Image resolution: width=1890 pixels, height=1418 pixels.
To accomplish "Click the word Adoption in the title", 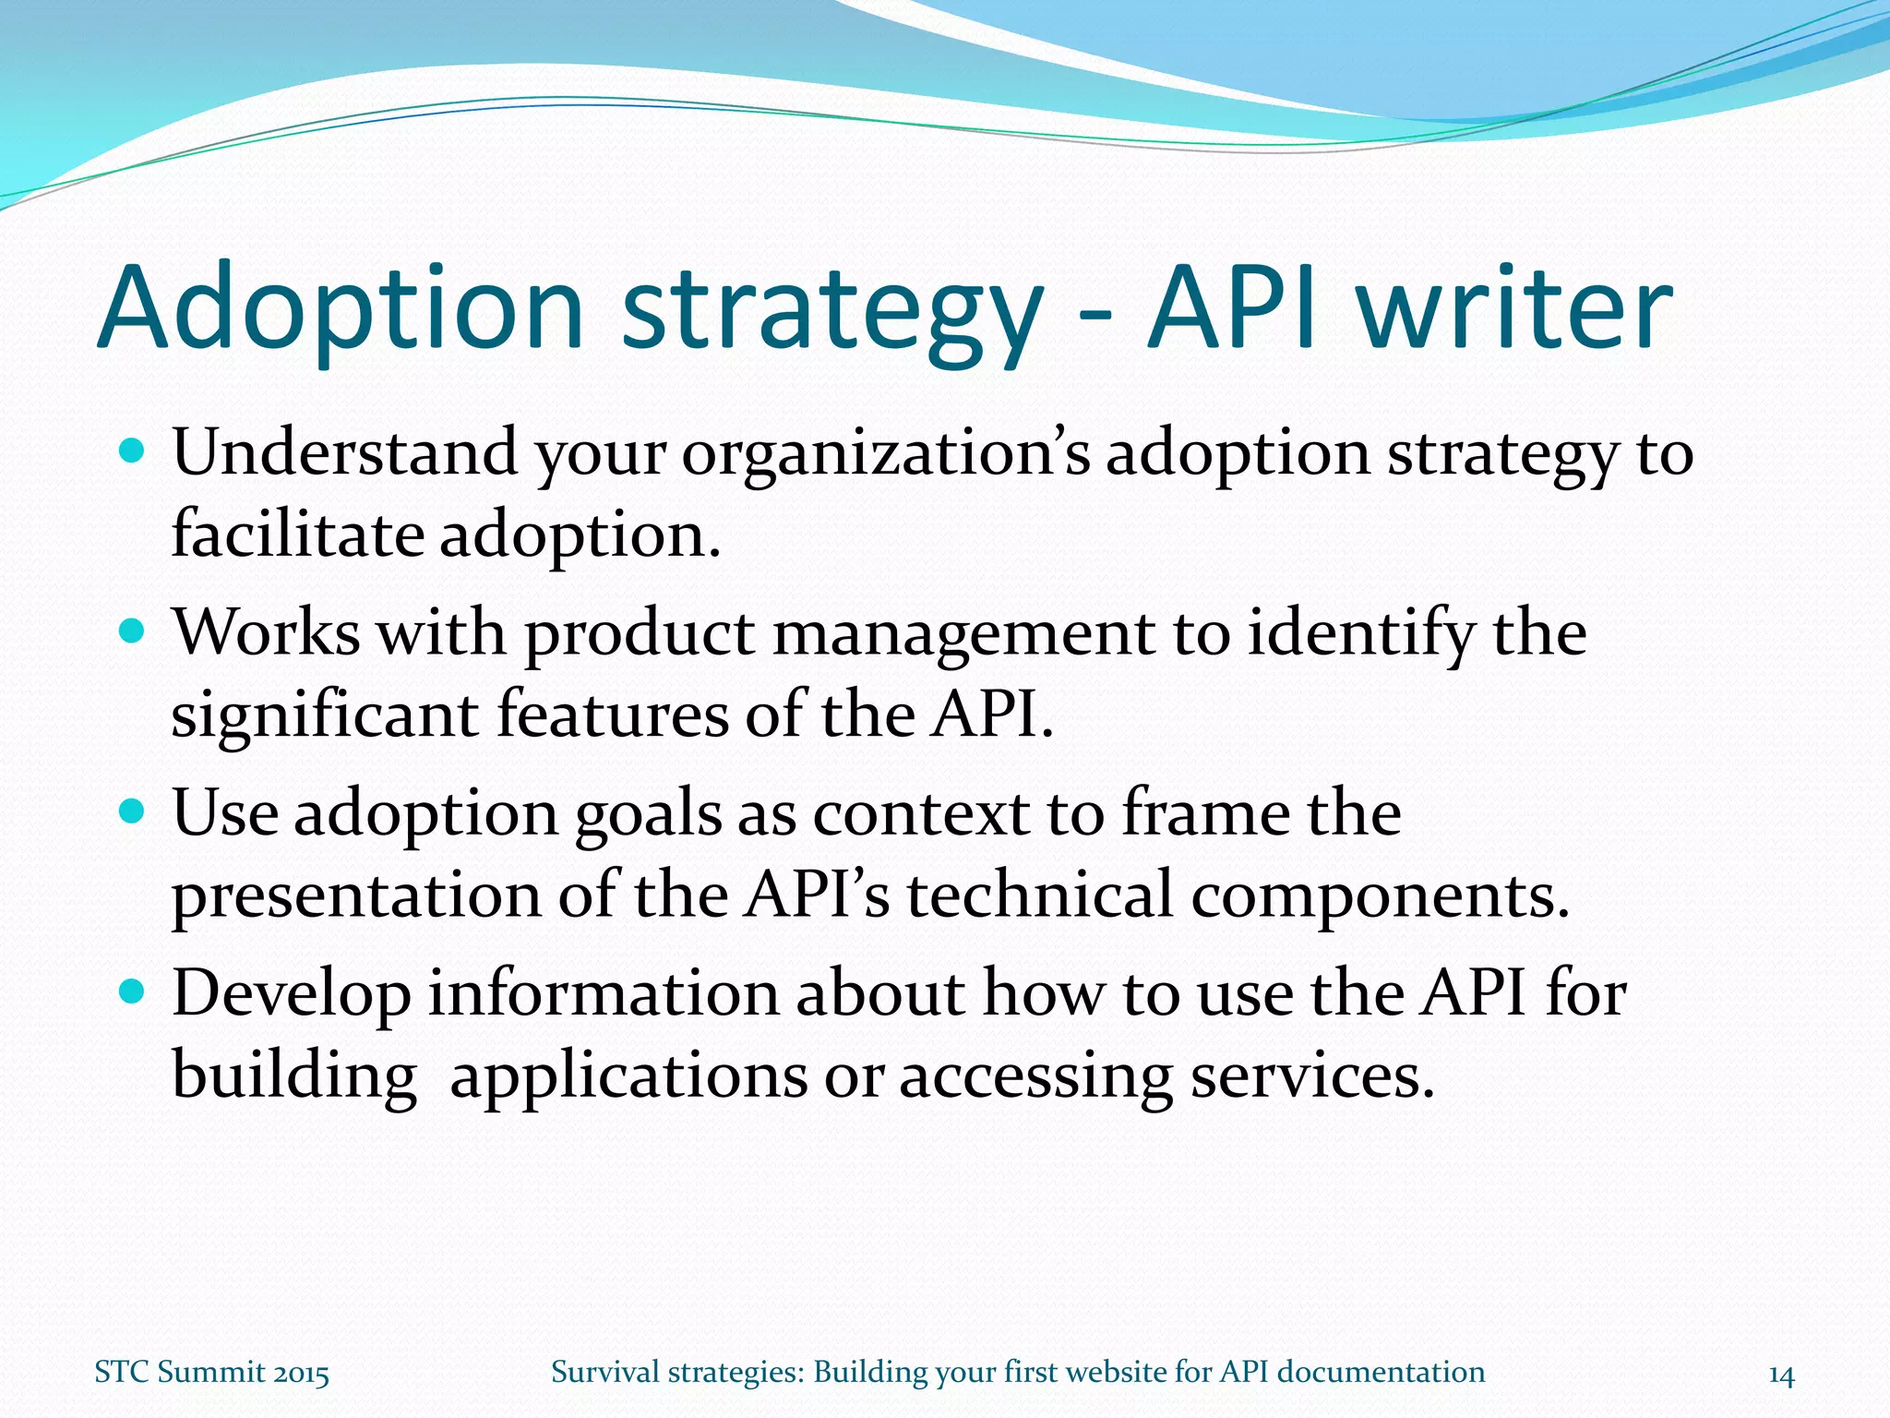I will (341, 309).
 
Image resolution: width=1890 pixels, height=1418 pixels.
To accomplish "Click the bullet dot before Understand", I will (134, 451).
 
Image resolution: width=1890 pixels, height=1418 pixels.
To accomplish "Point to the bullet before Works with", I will (134, 631).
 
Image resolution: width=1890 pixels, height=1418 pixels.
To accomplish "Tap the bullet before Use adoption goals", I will (134, 811).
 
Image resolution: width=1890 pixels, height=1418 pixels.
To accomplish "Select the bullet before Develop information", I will (134, 992).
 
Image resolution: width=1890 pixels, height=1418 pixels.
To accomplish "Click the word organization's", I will (884, 454).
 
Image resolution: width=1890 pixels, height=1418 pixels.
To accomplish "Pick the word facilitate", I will (297, 535).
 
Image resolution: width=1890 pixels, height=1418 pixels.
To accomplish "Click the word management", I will (963, 635).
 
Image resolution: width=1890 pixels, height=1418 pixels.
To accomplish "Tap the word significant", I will (324, 715).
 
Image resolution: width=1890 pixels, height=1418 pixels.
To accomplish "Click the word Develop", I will (292, 995).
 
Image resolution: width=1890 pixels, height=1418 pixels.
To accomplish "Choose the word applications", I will (628, 1077).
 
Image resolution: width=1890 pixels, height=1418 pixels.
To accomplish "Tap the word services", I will (1311, 1077).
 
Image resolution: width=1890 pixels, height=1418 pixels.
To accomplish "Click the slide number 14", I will (1780, 1376).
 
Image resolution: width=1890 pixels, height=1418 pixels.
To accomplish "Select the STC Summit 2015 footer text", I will (211, 1373).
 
